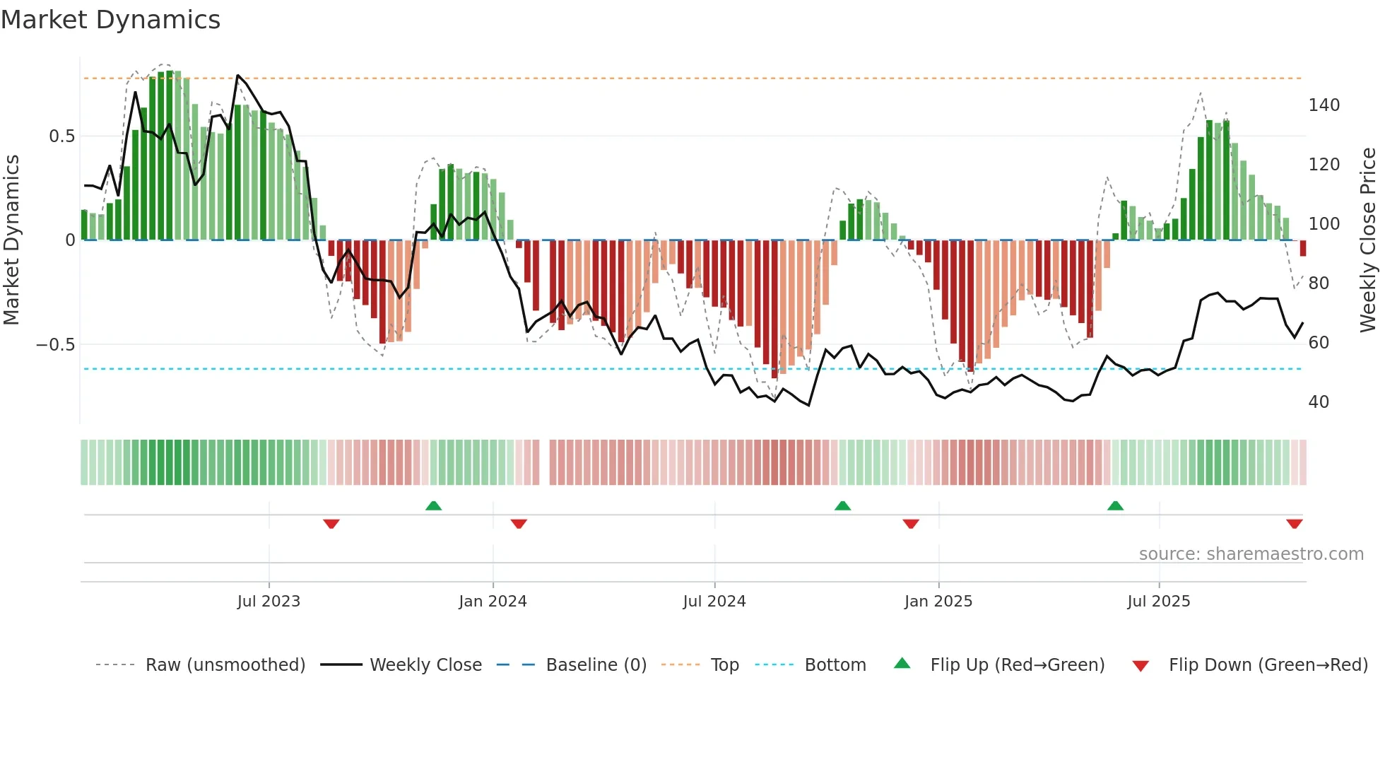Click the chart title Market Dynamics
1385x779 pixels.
[110, 20]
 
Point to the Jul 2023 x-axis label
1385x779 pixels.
[269, 602]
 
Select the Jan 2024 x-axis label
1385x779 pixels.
[493, 602]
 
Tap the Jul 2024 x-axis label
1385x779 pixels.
[714, 602]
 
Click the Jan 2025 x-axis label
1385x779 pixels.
[938, 602]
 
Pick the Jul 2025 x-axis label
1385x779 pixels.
[1159, 602]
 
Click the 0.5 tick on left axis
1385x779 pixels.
[61, 136]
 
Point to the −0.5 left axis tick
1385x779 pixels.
[56, 345]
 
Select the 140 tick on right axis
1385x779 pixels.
[1324, 105]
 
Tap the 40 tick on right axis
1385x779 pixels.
[1319, 402]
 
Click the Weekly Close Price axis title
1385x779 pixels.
[1368, 240]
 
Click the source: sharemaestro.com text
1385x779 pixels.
[1251, 554]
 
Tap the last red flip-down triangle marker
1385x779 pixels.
[1294, 524]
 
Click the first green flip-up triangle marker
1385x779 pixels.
[433, 505]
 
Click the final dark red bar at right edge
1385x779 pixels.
[1303, 248]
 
